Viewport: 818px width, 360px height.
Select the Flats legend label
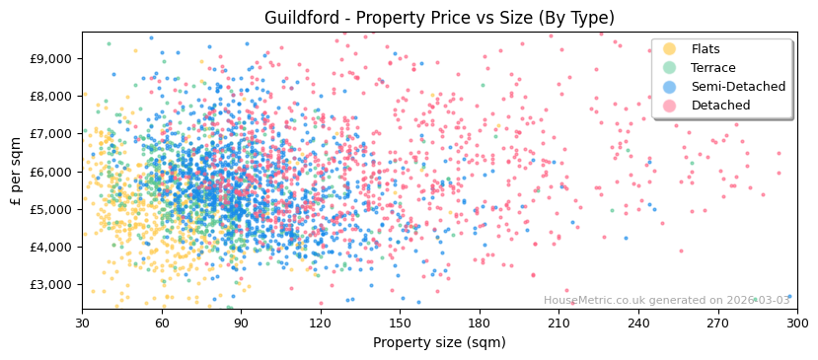706,49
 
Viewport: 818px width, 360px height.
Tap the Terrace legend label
712,68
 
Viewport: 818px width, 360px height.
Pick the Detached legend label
719,106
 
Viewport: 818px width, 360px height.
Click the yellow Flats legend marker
670,49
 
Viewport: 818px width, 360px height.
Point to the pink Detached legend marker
670,106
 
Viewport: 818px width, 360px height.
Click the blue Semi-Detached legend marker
670,87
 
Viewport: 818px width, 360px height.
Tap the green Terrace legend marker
670,68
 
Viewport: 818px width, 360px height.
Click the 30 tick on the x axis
82,323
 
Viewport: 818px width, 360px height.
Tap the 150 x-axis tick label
400,323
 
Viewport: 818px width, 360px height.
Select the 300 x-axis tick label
797,323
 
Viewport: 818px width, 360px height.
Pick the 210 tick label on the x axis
558,323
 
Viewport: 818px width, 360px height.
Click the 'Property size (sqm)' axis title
439,342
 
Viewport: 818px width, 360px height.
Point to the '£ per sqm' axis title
16,172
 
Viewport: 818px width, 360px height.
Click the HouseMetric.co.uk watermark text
667,300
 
